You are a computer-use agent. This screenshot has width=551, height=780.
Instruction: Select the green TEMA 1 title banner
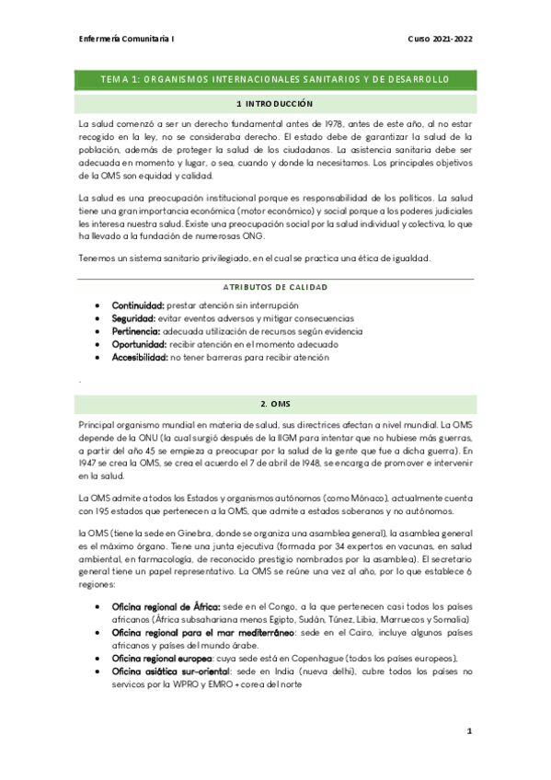click(x=275, y=80)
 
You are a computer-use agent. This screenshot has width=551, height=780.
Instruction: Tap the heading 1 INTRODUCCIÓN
click(x=275, y=104)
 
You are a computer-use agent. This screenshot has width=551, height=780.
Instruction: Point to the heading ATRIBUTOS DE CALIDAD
click(x=275, y=287)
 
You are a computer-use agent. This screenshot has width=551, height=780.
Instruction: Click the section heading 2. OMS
click(x=275, y=405)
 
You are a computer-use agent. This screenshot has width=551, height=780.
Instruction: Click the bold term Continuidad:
click(x=138, y=304)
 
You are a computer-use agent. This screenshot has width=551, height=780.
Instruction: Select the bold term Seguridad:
click(x=135, y=317)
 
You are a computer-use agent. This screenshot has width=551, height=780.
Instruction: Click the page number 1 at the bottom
click(x=469, y=731)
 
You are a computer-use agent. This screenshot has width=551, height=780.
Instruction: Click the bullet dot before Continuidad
click(x=98, y=304)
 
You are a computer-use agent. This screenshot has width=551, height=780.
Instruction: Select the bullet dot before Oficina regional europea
click(x=98, y=660)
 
